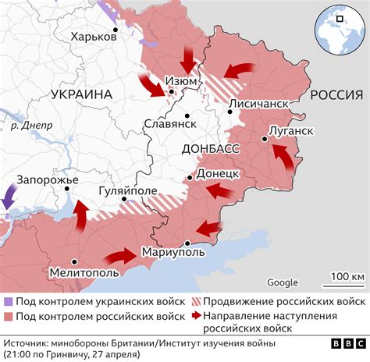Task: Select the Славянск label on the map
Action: [x=169, y=123]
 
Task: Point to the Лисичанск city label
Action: [x=264, y=103]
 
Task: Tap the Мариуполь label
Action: [x=173, y=251]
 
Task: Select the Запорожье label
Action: [x=47, y=180]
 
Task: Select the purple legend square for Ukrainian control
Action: [x=8, y=301]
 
